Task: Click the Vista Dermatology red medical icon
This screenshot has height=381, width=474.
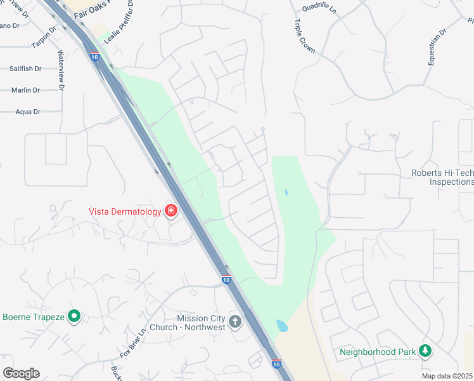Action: (170, 211)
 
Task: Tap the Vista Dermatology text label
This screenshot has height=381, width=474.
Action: (125, 211)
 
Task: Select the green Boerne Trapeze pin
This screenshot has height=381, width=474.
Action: (74, 316)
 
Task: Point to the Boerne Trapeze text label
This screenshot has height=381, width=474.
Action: (34, 317)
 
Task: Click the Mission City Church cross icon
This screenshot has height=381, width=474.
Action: (235, 321)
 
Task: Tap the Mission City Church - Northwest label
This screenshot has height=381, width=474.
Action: (202, 323)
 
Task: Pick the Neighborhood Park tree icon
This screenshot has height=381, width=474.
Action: (426, 351)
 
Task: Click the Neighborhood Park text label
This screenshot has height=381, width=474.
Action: (378, 352)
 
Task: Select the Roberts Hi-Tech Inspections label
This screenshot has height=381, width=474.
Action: (442, 177)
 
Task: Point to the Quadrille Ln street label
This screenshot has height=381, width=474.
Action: (320, 8)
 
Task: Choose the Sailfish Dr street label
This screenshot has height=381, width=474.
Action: (25, 69)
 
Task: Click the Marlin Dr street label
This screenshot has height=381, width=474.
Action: (25, 90)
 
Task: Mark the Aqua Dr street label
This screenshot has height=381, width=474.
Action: (28, 112)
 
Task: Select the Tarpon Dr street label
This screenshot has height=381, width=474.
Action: (44, 38)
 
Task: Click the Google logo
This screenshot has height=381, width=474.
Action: (21, 373)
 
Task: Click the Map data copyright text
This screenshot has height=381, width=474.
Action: (447, 376)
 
